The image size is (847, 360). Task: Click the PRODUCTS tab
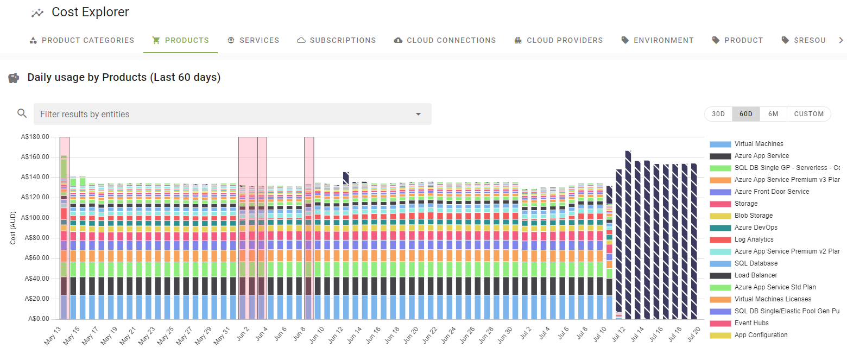(181, 40)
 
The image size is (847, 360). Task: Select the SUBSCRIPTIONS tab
(337, 40)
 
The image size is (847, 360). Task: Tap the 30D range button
(718, 114)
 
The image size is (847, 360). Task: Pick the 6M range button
(773, 114)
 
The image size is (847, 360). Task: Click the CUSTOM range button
(808, 114)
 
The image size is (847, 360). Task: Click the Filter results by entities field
(223, 114)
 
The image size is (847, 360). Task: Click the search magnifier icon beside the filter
(22, 113)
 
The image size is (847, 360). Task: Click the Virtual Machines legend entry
(758, 144)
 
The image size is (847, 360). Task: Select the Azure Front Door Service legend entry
(772, 192)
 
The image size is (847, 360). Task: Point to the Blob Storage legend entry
(753, 216)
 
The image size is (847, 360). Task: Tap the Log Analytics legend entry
(754, 239)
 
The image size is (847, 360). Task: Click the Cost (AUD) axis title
(12, 228)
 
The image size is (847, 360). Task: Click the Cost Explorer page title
(90, 12)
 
